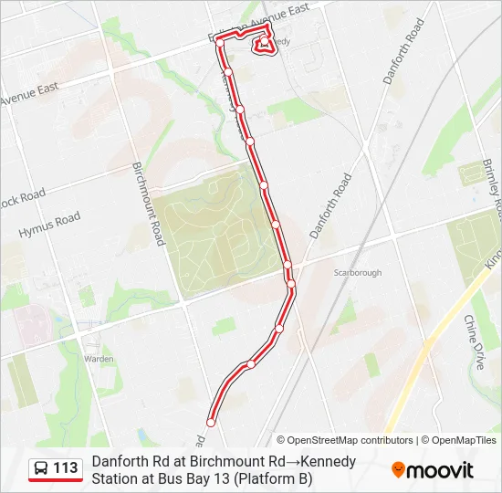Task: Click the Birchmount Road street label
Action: tap(148, 204)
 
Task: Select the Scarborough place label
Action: tap(357, 272)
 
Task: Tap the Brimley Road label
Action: tap(491, 188)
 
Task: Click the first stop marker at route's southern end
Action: tap(212, 422)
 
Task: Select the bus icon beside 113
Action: tap(41, 469)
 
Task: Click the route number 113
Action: tap(66, 468)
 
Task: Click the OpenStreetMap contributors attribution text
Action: tap(344, 440)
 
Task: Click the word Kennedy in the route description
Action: tap(329, 461)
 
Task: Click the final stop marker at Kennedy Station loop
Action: tap(265, 44)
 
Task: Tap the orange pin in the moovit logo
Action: tap(398, 470)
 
